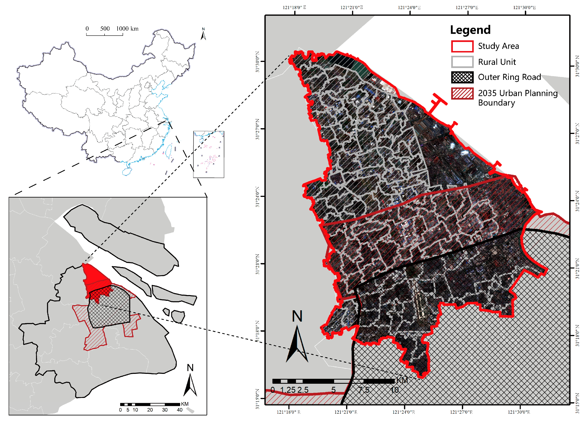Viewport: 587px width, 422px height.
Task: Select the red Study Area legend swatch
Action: point(462,46)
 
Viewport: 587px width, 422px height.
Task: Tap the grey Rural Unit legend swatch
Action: point(462,62)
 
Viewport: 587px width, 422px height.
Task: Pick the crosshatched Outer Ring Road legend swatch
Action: point(462,77)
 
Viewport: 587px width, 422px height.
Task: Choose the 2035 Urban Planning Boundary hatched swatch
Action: point(462,93)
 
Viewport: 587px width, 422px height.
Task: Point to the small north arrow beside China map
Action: point(203,34)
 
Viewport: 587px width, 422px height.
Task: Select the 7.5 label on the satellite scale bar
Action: point(364,390)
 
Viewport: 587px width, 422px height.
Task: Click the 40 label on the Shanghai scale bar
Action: point(180,410)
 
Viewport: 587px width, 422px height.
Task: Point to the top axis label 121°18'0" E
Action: point(294,7)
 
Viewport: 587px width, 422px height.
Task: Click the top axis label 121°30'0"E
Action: point(524,7)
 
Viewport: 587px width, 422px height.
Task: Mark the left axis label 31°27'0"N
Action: point(257,129)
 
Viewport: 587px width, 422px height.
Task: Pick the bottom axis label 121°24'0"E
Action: point(403,412)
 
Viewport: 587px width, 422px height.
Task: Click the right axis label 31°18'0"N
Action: point(577,336)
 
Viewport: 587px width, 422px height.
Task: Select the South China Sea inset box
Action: point(209,154)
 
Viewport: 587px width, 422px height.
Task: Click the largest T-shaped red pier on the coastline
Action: point(437,103)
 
